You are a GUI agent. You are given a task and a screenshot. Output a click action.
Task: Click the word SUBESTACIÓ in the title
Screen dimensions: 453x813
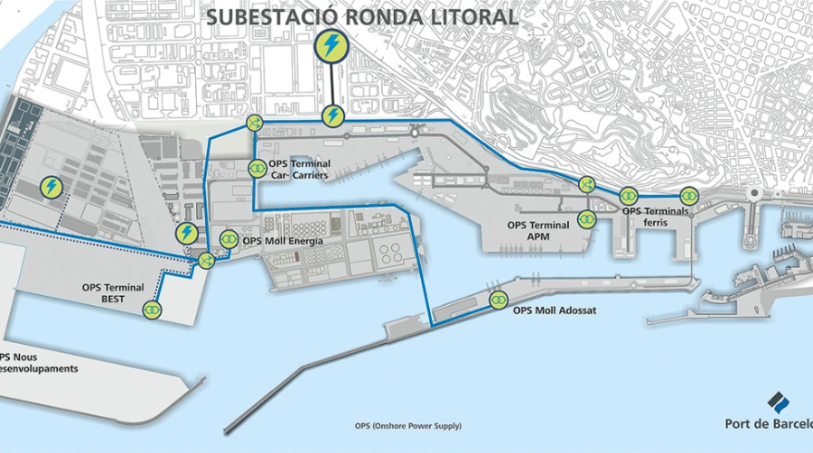(x=263, y=17)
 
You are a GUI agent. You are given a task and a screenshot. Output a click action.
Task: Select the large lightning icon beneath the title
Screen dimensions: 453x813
(x=332, y=48)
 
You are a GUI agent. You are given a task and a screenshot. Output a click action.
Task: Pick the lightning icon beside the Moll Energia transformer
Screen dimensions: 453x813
(x=187, y=233)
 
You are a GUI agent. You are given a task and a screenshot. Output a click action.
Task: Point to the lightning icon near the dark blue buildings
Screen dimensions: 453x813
(x=51, y=187)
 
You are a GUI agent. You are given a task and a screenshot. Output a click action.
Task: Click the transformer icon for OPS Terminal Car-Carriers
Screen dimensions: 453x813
(x=257, y=169)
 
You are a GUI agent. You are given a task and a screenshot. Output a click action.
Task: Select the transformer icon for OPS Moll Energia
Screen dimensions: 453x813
(x=229, y=239)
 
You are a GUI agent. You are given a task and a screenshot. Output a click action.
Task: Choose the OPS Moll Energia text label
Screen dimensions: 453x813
(x=279, y=239)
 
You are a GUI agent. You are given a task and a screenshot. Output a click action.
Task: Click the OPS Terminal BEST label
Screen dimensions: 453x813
(x=113, y=293)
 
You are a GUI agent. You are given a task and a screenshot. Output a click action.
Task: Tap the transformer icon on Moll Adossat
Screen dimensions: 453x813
(x=497, y=299)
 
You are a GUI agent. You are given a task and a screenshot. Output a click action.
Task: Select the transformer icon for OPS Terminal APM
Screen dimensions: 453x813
(x=587, y=218)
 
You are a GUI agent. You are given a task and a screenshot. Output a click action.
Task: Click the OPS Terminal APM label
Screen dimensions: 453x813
(x=538, y=231)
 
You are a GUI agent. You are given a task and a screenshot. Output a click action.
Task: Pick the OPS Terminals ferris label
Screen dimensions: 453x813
(x=655, y=217)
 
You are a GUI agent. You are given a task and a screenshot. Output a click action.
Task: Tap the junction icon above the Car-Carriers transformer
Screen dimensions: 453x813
(x=253, y=123)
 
